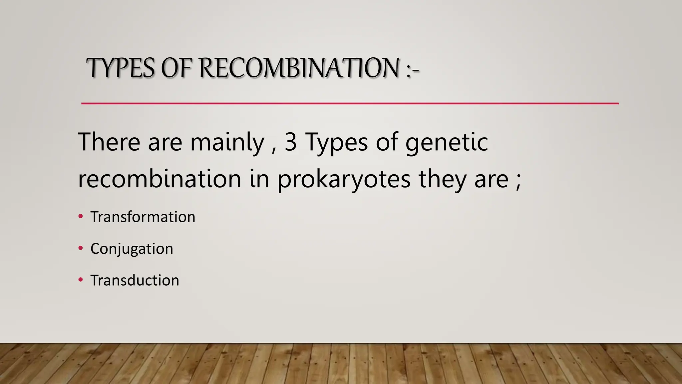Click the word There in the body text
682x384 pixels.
(109, 142)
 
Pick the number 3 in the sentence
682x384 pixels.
(291, 142)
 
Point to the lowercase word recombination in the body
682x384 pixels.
(160, 179)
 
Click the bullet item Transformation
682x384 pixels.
(143, 217)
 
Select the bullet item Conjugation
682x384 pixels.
(132, 249)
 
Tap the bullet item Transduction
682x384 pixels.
(135, 280)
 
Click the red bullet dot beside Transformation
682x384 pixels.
(80, 217)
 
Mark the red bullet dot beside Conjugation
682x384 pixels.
(80, 248)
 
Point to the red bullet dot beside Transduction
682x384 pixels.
(80, 280)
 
